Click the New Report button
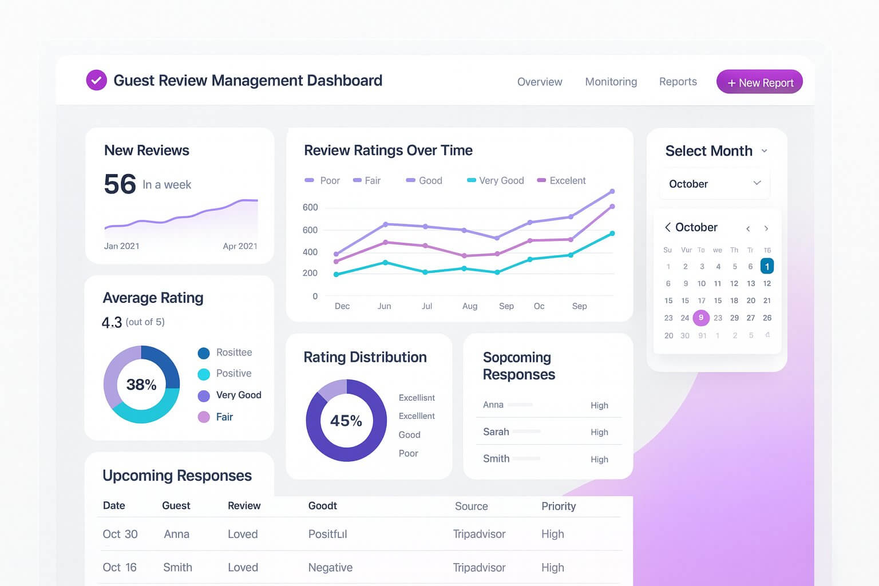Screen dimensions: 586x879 click(759, 82)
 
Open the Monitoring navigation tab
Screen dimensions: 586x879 click(611, 82)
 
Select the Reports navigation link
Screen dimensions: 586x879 click(678, 82)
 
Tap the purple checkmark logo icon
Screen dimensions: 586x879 click(96, 81)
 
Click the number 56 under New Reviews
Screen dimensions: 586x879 click(120, 184)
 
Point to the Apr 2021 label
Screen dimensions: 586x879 click(240, 246)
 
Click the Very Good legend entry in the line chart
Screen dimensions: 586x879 click(496, 181)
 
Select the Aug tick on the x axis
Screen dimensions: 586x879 click(469, 306)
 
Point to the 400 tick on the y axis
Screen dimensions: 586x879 click(310, 252)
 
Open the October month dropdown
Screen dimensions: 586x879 click(714, 184)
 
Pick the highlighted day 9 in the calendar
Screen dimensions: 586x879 click(701, 318)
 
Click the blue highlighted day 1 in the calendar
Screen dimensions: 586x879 click(767, 266)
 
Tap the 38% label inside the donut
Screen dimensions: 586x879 click(141, 385)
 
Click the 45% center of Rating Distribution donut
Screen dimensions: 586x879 click(346, 421)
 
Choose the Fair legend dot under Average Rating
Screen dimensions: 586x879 click(204, 417)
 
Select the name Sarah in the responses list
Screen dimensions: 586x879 click(496, 432)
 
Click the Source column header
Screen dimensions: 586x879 click(471, 506)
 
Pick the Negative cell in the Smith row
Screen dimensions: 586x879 click(330, 568)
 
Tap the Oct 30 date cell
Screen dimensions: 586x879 click(120, 534)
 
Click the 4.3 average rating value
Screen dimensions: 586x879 click(112, 323)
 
